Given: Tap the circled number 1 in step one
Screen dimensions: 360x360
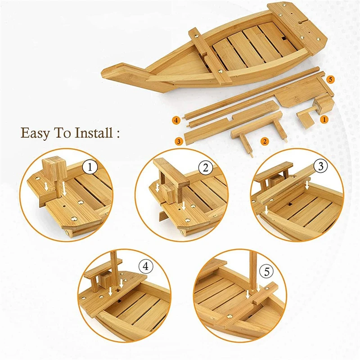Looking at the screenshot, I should pyautogui.click(x=90, y=168).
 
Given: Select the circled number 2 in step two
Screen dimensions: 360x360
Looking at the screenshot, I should pyautogui.click(x=206, y=168).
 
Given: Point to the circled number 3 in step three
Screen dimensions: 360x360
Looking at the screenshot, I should pyautogui.click(x=320, y=166).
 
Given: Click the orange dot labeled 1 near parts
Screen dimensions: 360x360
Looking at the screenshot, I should pyautogui.click(x=323, y=120).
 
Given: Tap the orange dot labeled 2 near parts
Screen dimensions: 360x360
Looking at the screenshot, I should pyautogui.click(x=265, y=141).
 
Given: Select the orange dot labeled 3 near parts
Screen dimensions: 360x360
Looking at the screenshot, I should pyautogui.click(x=179, y=141).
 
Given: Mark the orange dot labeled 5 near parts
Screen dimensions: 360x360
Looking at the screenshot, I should pyautogui.click(x=331, y=79).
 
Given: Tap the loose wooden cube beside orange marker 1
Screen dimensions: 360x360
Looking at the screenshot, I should pyautogui.click(x=324, y=104).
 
